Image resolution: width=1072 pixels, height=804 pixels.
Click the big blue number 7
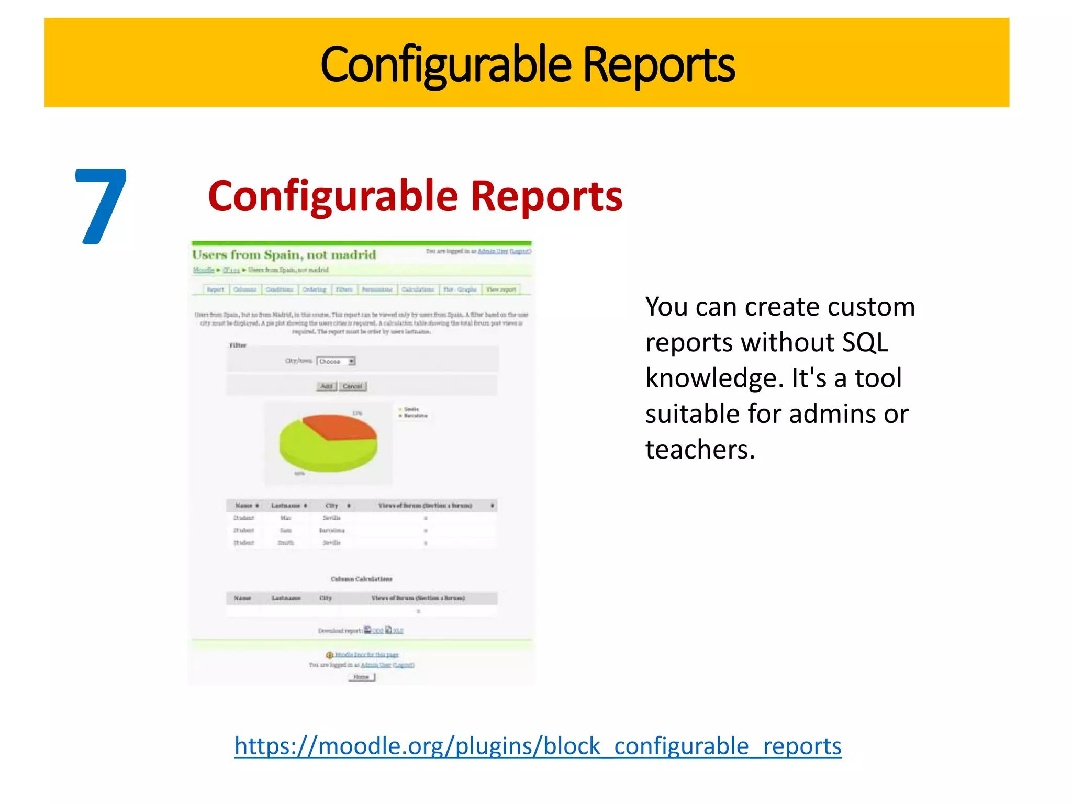tap(101, 206)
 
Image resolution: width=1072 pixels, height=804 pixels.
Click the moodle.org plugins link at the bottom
tap(538, 745)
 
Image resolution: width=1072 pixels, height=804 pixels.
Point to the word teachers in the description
tap(700, 450)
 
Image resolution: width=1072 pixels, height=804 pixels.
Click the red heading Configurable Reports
tap(415, 196)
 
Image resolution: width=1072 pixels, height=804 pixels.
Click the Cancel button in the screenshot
tap(352, 386)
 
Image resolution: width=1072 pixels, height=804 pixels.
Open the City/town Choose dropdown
tap(336, 361)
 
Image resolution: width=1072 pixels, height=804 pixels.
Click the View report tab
tap(501, 289)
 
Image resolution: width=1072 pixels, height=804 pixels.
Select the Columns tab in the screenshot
tap(245, 289)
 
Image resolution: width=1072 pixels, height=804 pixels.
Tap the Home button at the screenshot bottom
tap(361, 677)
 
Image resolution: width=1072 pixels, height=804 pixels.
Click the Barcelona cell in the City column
tap(332, 530)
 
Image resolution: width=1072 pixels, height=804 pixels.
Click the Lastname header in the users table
tap(286, 506)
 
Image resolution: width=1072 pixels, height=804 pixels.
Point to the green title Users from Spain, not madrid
tap(284, 255)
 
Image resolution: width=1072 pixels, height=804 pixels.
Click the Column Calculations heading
tap(361, 579)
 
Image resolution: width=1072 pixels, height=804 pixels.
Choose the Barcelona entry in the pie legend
tap(416, 416)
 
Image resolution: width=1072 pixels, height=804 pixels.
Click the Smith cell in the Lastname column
tap(286, 543)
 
